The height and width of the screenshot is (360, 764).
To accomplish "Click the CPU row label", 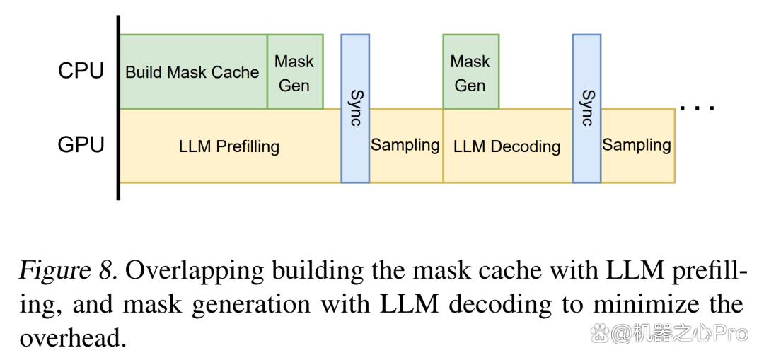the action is (x=81, y=71).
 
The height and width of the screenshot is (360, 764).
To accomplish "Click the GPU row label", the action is (x=81, y=145).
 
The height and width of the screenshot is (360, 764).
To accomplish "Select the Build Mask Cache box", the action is (x=193, y=71).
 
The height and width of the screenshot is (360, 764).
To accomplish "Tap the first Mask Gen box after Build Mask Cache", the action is (x=295, y=71).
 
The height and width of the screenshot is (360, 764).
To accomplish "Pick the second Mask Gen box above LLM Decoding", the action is (x=470, y=71).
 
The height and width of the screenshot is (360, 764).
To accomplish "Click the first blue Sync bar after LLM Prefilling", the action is (x=355, y=109).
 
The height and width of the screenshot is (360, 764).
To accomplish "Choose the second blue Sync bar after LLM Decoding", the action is (x=586, y=109).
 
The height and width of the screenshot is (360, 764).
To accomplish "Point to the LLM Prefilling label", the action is (x=229, y=146).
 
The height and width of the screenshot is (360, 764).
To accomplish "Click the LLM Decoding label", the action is (x=507, y=146).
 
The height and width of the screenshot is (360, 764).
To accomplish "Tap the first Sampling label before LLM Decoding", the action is (x=405, y=145).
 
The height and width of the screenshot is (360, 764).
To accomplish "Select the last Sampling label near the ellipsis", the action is (x=637, y=145).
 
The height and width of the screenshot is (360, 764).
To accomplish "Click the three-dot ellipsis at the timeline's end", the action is (x=697, y=108).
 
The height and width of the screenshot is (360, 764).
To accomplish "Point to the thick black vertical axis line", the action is (x=118, y=108).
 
